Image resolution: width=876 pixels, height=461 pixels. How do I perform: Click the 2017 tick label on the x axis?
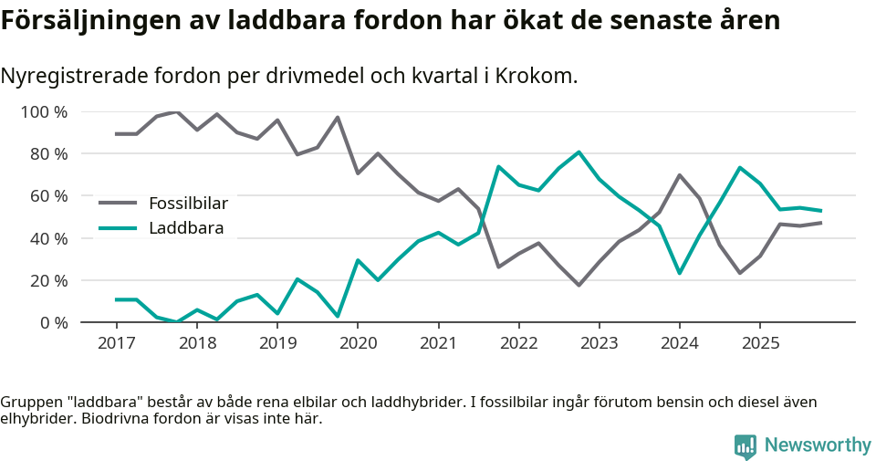(x=117, y=343)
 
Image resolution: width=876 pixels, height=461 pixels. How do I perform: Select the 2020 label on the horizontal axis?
(x=358, y=343)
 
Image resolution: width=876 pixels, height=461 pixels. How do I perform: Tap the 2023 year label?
(x=600, y=343)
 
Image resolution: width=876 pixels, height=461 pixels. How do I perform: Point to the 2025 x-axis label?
(x=760, y=343)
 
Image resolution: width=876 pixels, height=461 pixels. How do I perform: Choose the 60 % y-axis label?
(x=48, y=196)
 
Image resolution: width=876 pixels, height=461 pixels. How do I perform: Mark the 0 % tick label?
(x=53, y=322)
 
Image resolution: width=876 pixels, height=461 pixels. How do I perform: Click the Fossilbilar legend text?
(x=188, y=203)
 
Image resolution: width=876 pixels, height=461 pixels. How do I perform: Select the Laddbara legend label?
(x=186, y=228)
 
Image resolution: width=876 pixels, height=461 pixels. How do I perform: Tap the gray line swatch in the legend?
(x=118, y=203)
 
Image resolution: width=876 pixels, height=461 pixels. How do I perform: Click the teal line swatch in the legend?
(x=118, y=228)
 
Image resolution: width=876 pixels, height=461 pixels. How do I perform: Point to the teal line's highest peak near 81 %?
(x=579, y=152)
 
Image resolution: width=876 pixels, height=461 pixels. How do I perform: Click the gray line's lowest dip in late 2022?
(x=579, y=285)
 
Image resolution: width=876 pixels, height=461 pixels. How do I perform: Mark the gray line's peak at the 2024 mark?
(x=680, y=175)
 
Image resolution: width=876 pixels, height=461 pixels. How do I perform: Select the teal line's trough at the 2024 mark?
(x=680, y=273)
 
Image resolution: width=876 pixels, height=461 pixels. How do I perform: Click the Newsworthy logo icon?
(x=745, y=445)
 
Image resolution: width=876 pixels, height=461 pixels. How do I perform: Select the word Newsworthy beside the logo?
(x=818, y=445)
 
